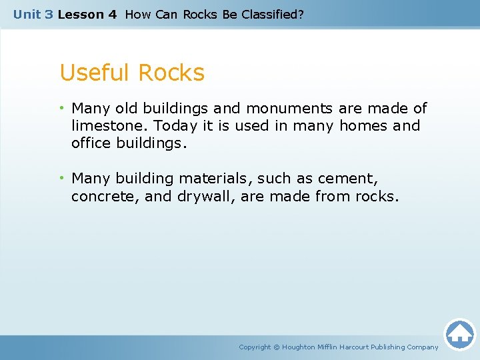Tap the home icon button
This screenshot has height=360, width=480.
[459, 334]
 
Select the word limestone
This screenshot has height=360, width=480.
[110, 126]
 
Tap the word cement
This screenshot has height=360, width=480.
[345, 179]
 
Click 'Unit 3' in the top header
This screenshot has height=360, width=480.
[33, 14]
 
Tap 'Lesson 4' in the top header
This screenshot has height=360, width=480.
[87, 14]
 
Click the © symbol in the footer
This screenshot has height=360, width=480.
[277, 347]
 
